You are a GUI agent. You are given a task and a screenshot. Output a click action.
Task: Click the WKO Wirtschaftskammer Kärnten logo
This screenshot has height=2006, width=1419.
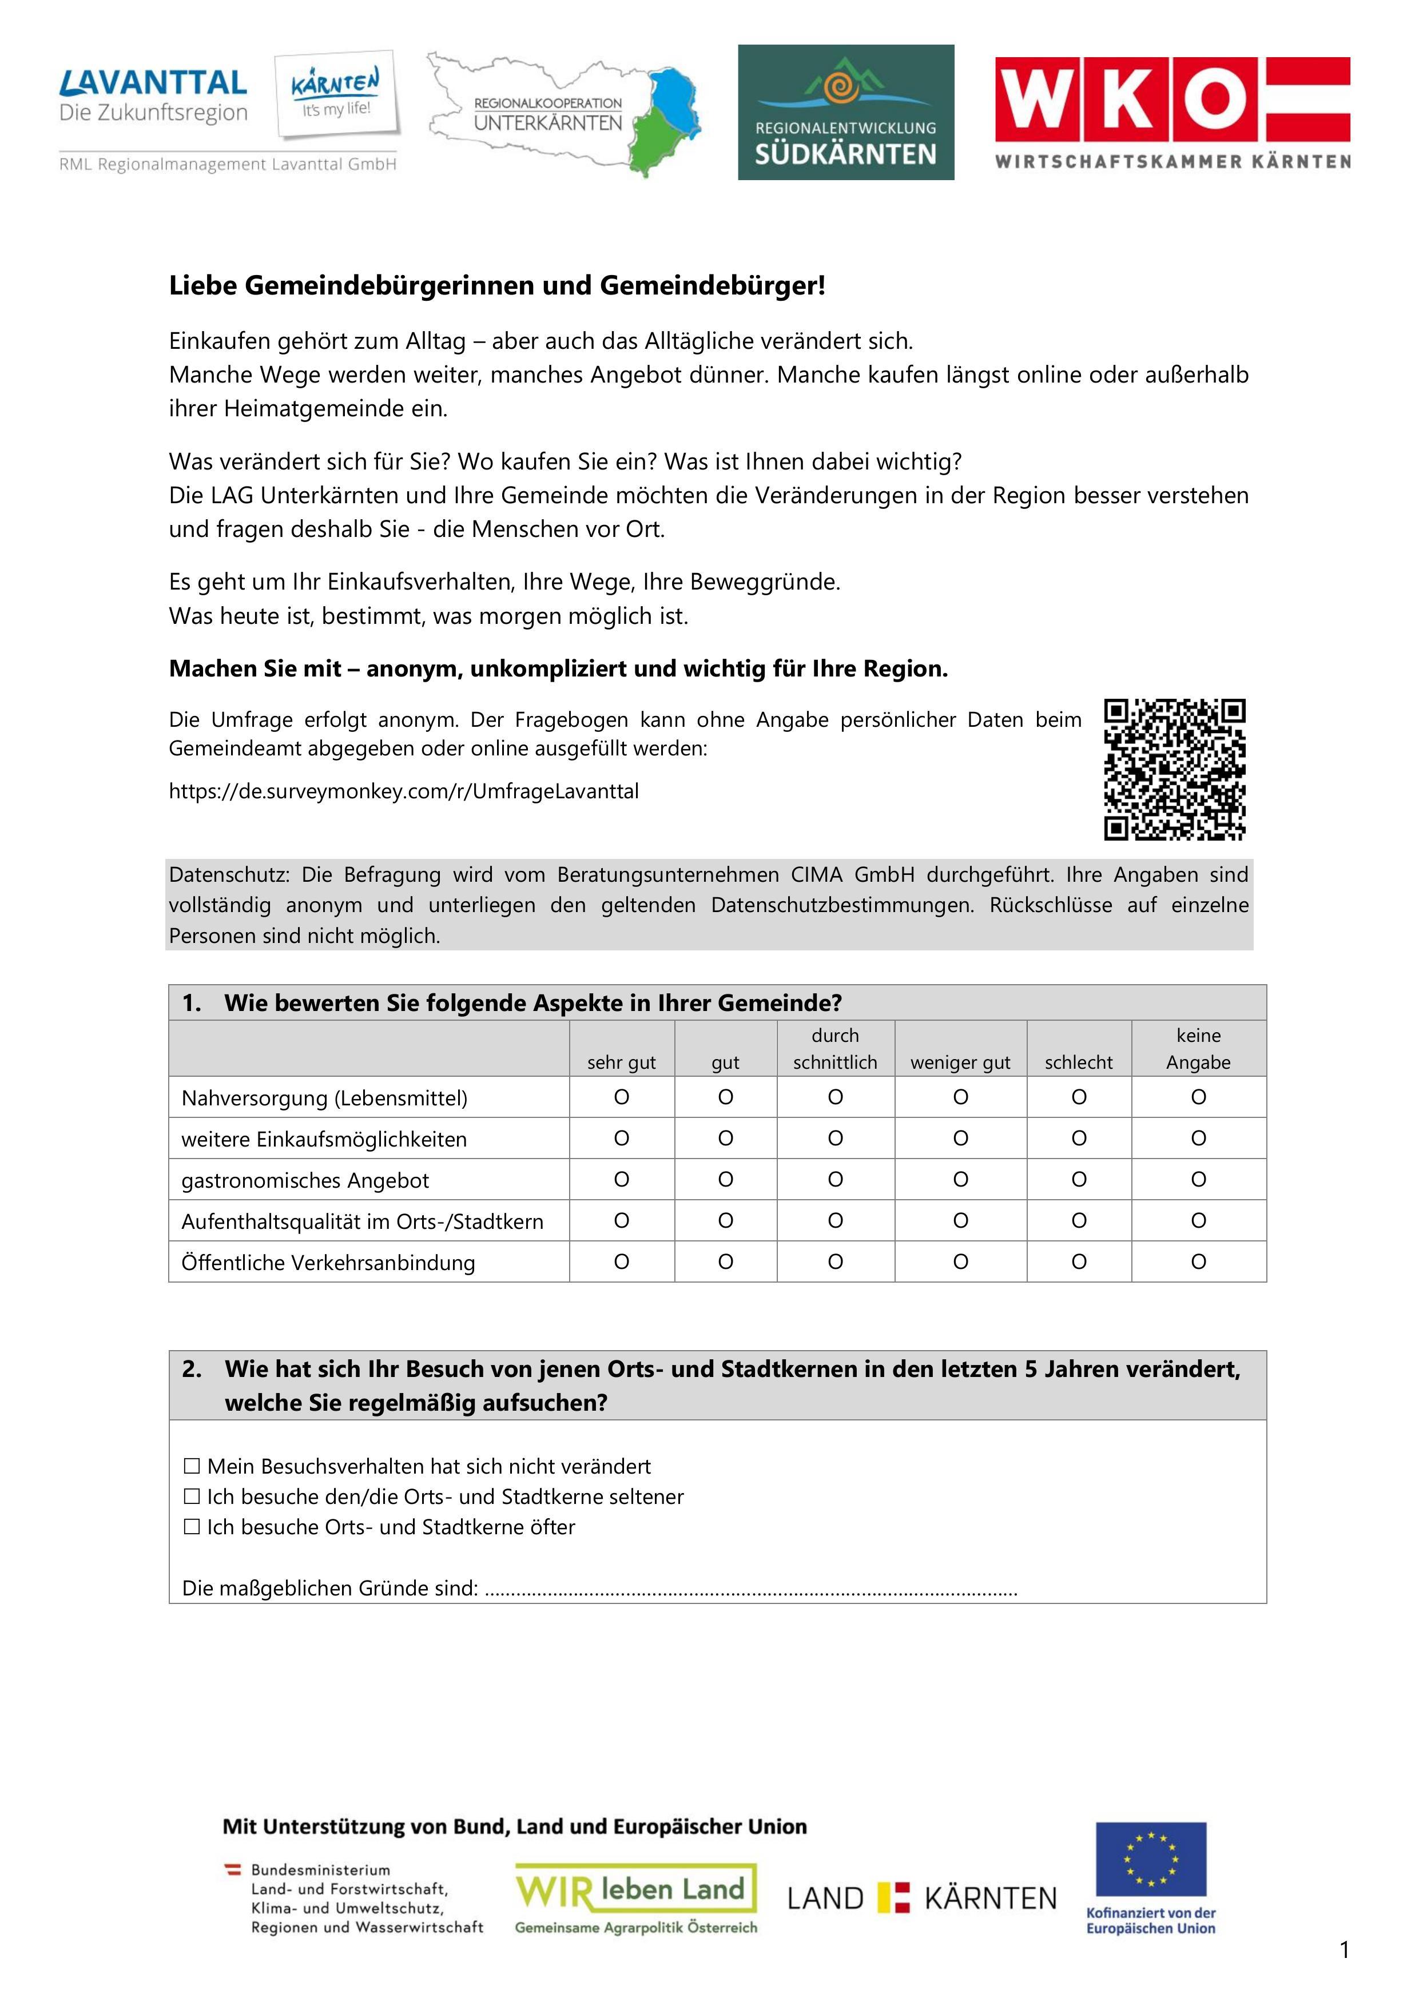pos(1172,112)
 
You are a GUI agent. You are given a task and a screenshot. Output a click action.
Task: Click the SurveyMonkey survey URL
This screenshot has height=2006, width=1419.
pos(404,791)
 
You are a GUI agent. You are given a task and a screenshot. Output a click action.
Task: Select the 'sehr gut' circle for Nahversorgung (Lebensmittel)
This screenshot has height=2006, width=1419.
pos(621,1097)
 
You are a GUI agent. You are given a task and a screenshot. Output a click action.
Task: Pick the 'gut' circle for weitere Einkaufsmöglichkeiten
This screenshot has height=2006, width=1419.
pos(725,1139)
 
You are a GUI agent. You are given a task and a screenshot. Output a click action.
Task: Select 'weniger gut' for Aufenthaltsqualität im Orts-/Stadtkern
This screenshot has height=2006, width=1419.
pos(960,1220)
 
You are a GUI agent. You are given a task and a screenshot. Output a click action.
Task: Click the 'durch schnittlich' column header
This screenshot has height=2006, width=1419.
pos(834,1048)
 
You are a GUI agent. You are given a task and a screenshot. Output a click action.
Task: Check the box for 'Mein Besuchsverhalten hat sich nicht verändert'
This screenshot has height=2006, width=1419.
pos(192,1466)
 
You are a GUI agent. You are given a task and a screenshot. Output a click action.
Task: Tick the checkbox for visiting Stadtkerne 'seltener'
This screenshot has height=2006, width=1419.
pos(192,1496)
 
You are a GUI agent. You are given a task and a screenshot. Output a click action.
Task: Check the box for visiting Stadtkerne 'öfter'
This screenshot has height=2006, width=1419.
pos(192,1527)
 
